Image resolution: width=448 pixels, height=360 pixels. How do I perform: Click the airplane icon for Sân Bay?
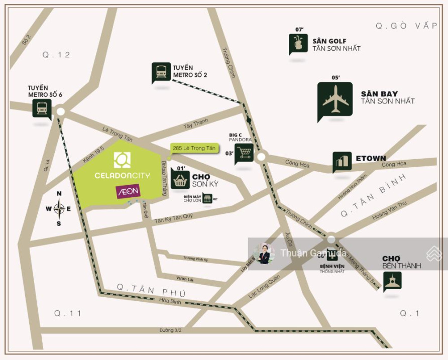tap(335, 99)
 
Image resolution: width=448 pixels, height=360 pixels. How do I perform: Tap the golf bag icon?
tap(298, 44)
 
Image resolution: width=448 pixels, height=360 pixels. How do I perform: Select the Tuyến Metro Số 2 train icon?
tap(161, 72)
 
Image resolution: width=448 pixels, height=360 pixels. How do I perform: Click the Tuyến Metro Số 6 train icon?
tap(42, 107)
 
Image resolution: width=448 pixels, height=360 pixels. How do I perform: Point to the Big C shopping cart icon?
tap(244, 152)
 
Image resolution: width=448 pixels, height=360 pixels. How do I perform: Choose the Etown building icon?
tap(342, 161)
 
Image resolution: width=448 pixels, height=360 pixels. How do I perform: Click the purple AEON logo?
tap(128, 191)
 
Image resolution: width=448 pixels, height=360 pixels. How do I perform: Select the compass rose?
tap(59, 208)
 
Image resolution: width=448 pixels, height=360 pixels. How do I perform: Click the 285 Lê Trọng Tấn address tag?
tap(194, 148)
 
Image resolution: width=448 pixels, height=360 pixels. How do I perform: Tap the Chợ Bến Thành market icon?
tap(392, 282)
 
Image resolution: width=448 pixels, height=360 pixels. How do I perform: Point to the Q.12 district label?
tap(56, 55)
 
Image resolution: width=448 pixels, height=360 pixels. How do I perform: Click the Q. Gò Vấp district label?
tap(406, 26)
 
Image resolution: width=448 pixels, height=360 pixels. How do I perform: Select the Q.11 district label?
tap(68, 313)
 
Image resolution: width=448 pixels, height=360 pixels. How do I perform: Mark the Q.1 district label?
tap(409, 313)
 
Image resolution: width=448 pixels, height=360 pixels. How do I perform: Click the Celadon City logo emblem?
tap(123, 160)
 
